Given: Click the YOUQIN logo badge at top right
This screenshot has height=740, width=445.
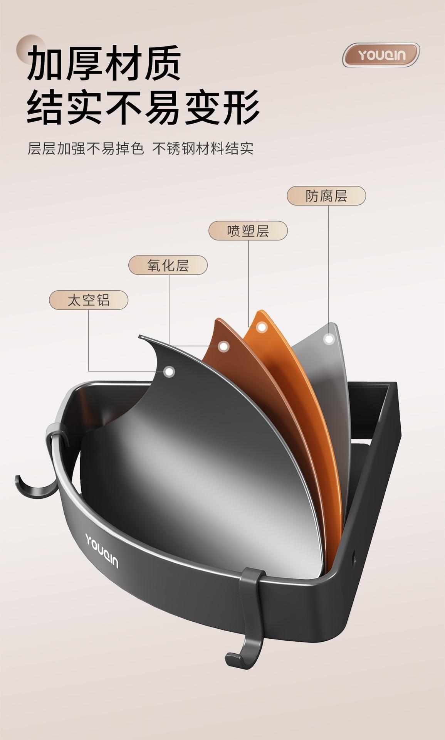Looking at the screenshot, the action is (381, 55).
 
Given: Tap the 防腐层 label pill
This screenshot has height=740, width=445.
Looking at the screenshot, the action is (326, 196).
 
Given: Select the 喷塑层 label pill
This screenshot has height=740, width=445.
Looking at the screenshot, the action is (248, 231).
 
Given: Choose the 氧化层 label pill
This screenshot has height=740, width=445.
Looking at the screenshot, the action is (168, 265).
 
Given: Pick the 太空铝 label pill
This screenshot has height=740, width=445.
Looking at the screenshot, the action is (89, 300).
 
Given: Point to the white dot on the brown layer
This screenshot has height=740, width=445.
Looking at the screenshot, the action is (223, 346).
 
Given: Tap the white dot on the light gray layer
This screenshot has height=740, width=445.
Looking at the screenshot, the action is (329, 339).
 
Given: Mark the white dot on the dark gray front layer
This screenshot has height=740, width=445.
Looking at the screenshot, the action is (169, 372).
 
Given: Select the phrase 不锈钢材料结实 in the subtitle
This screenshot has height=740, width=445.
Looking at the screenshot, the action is (203, 149).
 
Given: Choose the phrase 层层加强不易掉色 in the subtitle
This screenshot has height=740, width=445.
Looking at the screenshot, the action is (86, 149).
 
